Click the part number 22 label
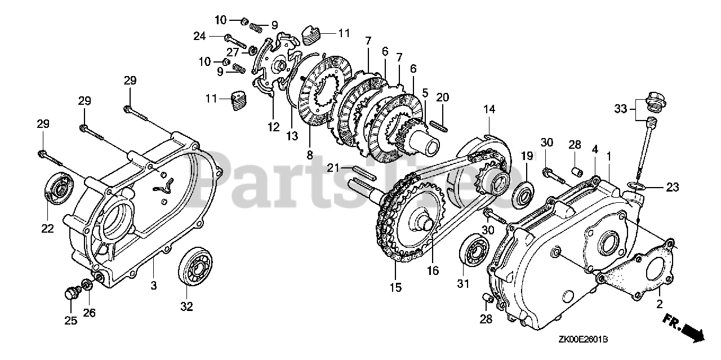47,229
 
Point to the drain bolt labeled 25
71,294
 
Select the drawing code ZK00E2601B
583,340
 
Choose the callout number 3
153,286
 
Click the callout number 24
199,37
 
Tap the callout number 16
432,270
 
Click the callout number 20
442,97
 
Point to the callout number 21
333,167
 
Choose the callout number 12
274,127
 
